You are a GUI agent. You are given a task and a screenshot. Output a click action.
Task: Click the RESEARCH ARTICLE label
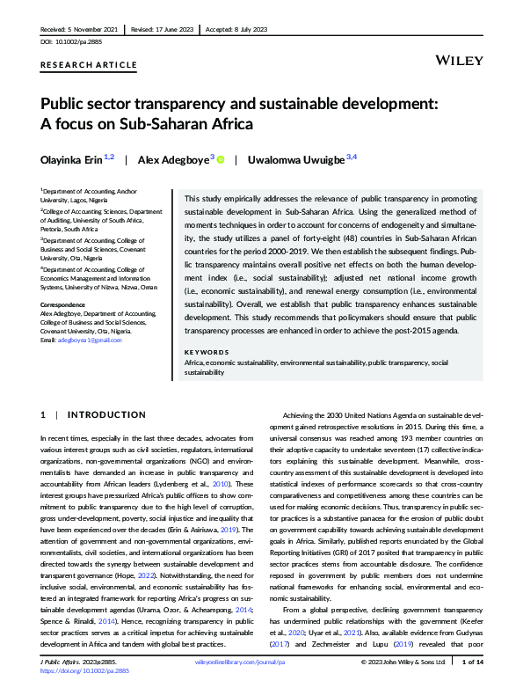point(89,65)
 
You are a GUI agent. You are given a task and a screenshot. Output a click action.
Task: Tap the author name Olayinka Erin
point(71,159)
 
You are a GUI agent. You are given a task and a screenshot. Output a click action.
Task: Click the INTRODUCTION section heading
point(107,414)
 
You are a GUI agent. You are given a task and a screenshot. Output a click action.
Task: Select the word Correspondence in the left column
point(63,304)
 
